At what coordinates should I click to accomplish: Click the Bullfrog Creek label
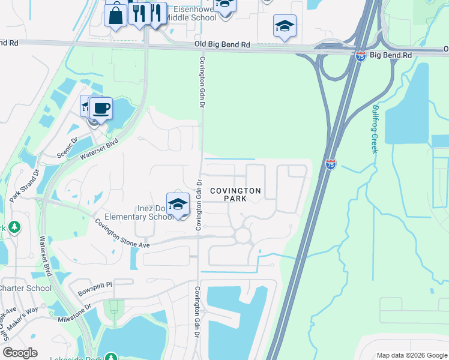[375, 129]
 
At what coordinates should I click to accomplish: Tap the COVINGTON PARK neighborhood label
[235, 194]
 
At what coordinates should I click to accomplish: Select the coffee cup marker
[101, 109]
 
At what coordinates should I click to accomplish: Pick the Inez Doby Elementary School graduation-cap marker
[178, 205]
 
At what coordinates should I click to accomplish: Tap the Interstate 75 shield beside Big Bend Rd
[360, 56]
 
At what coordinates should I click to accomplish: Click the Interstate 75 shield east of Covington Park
[331, 164]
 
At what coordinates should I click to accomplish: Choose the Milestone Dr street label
[74, 314]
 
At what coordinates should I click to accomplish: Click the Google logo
[20, 352]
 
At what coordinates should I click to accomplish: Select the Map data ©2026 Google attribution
[411, 355]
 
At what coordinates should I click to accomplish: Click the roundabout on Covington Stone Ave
[243, 236]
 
